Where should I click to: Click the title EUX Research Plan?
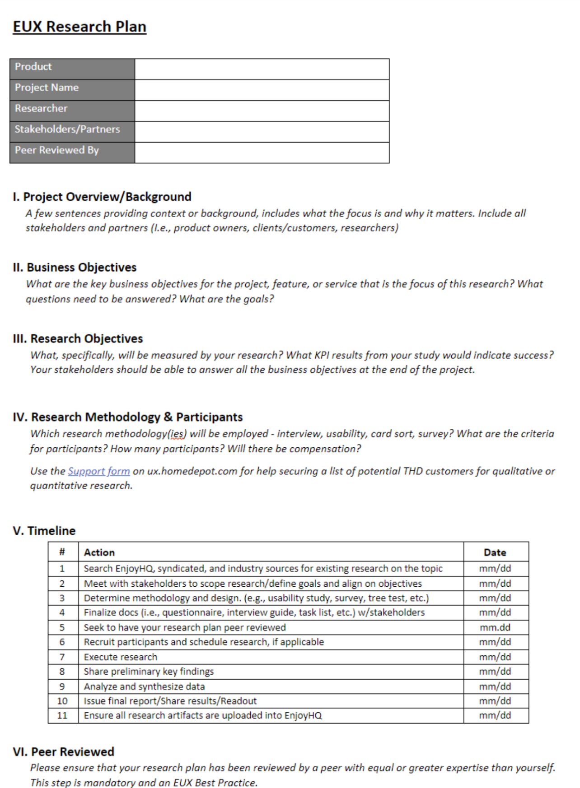(x=80, y=27)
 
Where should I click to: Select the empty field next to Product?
(x=262, y=69)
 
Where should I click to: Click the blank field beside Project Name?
(x=262, y=90)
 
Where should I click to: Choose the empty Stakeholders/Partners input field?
(x=262, y=132)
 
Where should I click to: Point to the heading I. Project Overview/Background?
(x=102, y=197)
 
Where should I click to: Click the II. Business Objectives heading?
(x=75, y=267)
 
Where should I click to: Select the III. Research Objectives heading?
(x=78, y=338)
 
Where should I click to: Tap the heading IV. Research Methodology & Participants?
(x=128, y=417)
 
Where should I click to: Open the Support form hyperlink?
(x=98, y=471)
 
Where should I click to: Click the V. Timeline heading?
(x=44, y=531)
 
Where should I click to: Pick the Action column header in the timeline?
(x=99, y=552)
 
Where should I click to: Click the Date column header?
(x=495, y=552)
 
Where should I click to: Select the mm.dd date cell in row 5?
(x=495, y=627)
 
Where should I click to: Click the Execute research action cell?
(x=121, y=657)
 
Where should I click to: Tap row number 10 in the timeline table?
(x=62, y=701)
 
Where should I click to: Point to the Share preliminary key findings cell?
(x=149, y=672)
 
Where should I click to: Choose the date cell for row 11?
(x=495, y=715)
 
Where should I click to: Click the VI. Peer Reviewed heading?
(x=64, y=752)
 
